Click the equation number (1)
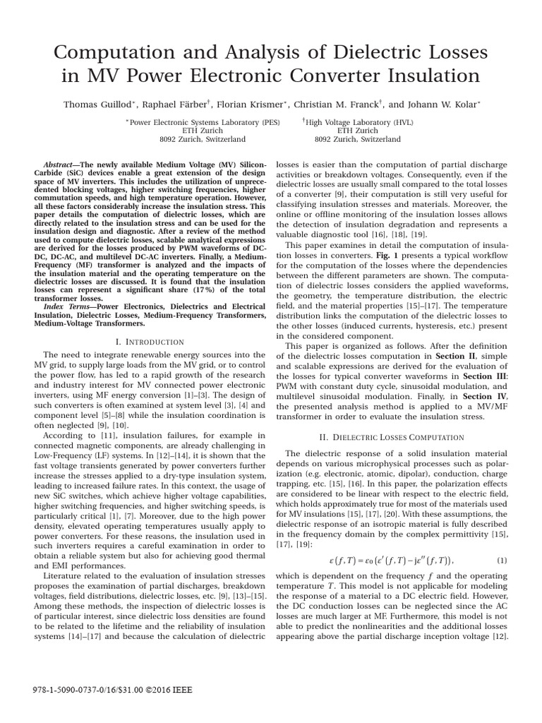(502, 560)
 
